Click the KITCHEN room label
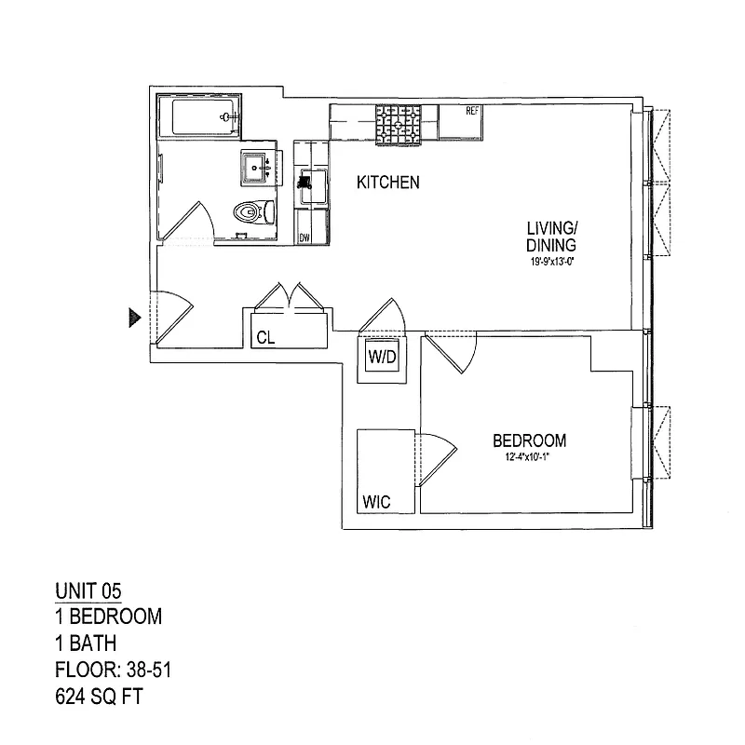[x=388, y=183]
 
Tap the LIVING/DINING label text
[x=552, y=237]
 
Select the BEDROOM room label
[x=529, y=440]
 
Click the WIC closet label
[x=376, y=502]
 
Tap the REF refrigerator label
[x=472, y=112]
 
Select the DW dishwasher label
[x=305, y=238]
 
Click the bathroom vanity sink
[x=256, y=167]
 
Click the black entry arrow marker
[x=135, y=318]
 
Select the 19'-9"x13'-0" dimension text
[x=552, y=262]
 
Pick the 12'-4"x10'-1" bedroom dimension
[x=528, y=456]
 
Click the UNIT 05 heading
[x=88, y=589]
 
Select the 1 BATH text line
[x=86, y=642]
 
